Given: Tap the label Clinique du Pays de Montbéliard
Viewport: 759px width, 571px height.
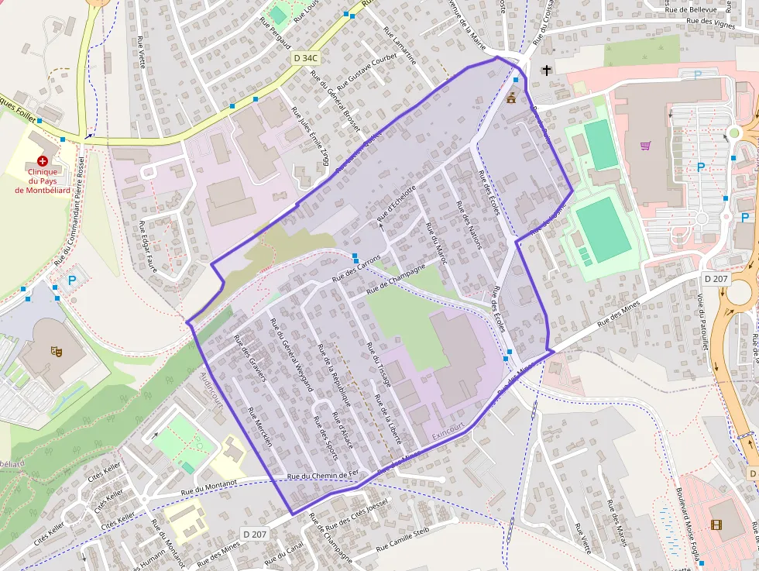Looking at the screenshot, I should pyautogui.click(x=43, y=181).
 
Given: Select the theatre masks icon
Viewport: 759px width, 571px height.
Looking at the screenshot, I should pyautogui.click(x=56, y=350).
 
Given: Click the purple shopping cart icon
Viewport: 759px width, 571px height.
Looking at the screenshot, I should pyautogui.click(x=645, y=145).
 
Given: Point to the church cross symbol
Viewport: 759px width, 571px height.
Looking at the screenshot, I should pyautogui.click(x=547, y=70).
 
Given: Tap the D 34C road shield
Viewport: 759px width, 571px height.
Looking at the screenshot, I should pyautogui.click(x=306, y=58).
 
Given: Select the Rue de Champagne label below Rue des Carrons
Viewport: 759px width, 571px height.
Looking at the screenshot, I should pyautogui.click(x=397, y=278).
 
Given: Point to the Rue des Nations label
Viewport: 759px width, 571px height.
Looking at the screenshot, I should pyautogui.click(x=469, y=225).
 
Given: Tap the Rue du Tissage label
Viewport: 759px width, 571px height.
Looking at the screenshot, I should pyautogui.click(x=376, y=365).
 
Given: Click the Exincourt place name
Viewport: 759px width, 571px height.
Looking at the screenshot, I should pyautogui.click(x=448, y=431).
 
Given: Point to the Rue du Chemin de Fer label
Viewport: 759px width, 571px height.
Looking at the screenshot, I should pyautogui.click(x=323, y=476).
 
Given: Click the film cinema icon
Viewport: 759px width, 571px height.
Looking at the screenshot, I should pyautogui.click(x=716, y=525).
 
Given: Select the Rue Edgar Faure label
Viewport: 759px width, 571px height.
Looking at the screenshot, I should pyautogui.click(x=147, y=247).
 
